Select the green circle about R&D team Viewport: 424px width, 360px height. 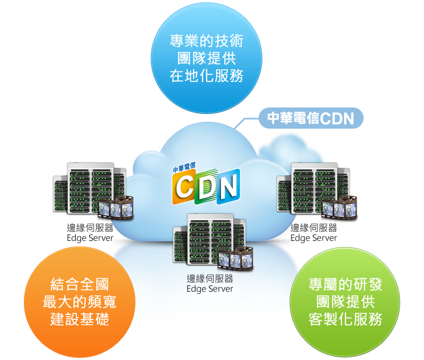(x=345, y=302)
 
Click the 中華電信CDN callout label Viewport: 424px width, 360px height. (x=311, y=118)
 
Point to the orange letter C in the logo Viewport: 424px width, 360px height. (x=186, y=187)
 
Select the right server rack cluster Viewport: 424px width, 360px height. (x=313, y=188)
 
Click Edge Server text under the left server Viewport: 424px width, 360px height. (x=90, y=238)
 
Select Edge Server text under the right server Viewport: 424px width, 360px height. (x=314, y=238)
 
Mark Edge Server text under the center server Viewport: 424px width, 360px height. (x=210, y=289)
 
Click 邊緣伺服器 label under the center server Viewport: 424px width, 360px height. (x=210, y=278)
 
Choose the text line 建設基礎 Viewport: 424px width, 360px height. (x=79, y=319)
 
